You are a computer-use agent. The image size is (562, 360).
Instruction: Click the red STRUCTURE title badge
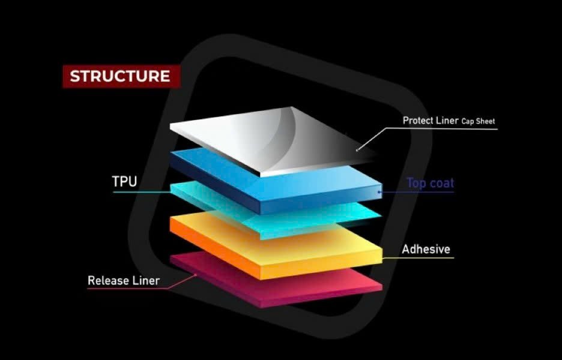coord(120,77)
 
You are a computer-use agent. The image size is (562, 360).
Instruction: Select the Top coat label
coord(429,183)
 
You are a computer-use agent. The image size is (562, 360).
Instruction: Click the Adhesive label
coord(426,249)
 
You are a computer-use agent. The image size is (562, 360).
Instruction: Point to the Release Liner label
coord(124,280)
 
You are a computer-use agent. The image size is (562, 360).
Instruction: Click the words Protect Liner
coord(429,120)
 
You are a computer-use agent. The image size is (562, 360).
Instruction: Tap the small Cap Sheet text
coord(478,121)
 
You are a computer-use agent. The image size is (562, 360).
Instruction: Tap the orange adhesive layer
coord(276,246)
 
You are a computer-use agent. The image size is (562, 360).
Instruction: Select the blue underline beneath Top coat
coord(420,193)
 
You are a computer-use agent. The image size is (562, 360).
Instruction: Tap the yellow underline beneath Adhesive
coord(420,259)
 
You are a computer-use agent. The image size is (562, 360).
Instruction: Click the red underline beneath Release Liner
coord(126,289)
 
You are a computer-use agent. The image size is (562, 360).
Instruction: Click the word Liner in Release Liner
coord(146,280)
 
